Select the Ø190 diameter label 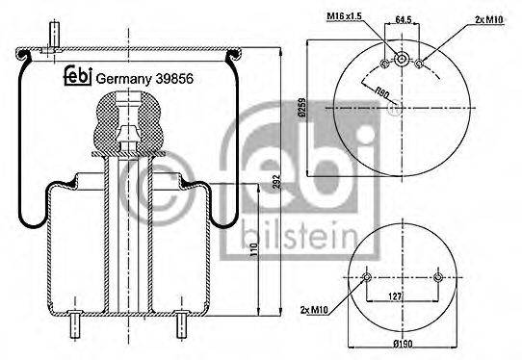403,345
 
